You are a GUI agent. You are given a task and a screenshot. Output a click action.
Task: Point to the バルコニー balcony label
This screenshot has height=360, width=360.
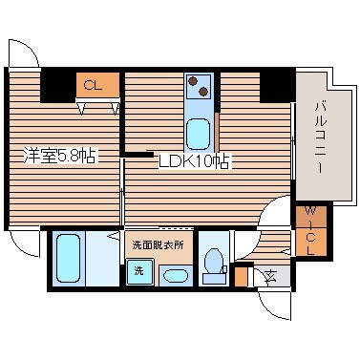point(319,137)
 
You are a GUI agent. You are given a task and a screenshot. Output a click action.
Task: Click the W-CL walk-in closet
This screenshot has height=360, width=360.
point(310,230)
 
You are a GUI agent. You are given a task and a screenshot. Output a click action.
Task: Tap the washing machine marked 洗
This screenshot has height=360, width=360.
point(139,271)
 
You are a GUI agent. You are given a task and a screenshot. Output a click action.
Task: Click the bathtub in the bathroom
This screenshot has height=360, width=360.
point(71,259)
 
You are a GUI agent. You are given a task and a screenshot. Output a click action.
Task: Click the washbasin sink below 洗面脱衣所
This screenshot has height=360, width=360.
point(176,276)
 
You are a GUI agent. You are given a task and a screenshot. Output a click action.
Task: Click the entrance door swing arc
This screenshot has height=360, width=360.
point(271,306)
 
